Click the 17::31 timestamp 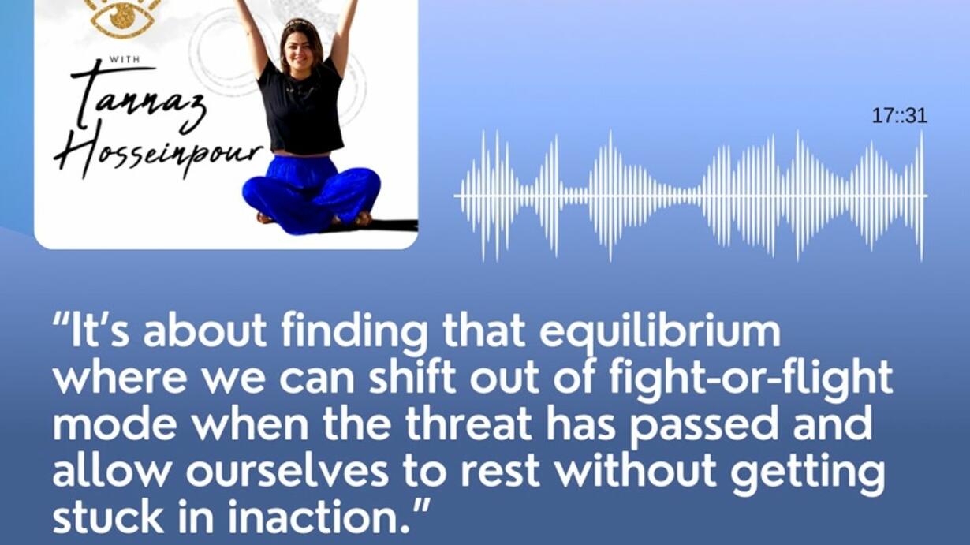(x=899, y=116)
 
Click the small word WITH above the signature (x=124, y=59)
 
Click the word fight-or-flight (x=751, y=378)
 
